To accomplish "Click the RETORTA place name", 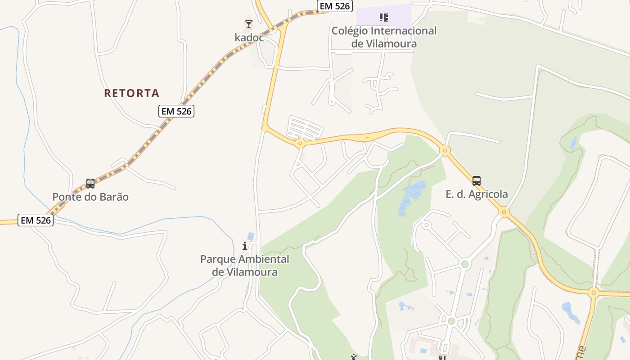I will point(131,93).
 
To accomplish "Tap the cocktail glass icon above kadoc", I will point(249,24).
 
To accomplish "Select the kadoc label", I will point(249,37).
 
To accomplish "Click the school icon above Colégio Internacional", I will point(383,18).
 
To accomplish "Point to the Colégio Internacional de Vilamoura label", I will point(384,37).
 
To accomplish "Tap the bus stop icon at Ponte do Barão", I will point(90,184).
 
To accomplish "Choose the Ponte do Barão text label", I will point(90,197).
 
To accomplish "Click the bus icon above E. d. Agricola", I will point(477,181).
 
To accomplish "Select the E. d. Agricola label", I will point(477,194).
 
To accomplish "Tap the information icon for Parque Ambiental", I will point(245,246).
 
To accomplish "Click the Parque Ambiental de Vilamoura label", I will point(245,265).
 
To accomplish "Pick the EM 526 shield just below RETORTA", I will point(176,111).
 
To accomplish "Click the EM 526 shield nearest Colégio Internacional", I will point(334,6).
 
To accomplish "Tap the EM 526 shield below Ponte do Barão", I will point(36,220).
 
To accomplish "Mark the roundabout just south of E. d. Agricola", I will point(504,211).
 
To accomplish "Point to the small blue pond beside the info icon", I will point(251,236).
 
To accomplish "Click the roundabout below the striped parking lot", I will point(300,144).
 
